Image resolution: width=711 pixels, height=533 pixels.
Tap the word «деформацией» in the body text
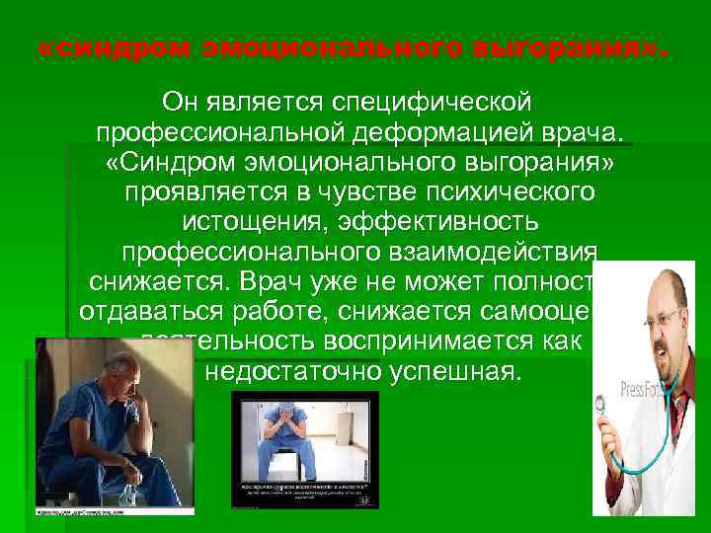click(x=440, y=131)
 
